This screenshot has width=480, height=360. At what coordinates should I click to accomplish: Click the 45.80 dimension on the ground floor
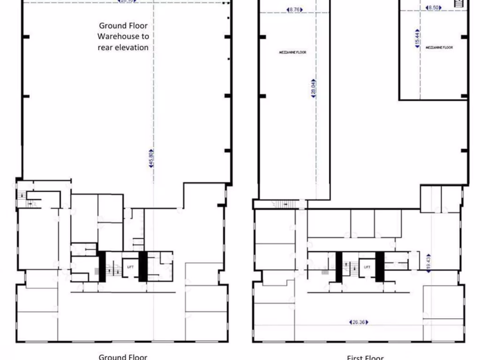pos(151,158)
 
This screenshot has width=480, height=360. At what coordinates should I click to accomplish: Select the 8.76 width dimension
pos(294,9)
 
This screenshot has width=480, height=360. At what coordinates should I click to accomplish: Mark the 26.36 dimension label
pos(359,322)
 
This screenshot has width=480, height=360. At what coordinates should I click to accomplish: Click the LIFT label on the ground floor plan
pos(130,267)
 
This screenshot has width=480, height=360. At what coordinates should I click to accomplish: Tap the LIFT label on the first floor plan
pos(367,267)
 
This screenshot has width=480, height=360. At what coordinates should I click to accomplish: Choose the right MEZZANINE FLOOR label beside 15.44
pos(439,47)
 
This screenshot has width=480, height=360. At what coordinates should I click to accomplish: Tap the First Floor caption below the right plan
pos(365,358)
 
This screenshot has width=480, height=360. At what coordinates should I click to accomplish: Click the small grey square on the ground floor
pos(97,271)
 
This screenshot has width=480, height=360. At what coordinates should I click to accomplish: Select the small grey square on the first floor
pos(325,271)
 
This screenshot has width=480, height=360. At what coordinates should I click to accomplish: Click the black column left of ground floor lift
pos(101,267)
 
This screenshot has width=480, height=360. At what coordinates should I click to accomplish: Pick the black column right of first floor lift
pos(380,267)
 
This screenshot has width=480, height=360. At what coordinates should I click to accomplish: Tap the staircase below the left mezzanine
pos(283,204)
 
